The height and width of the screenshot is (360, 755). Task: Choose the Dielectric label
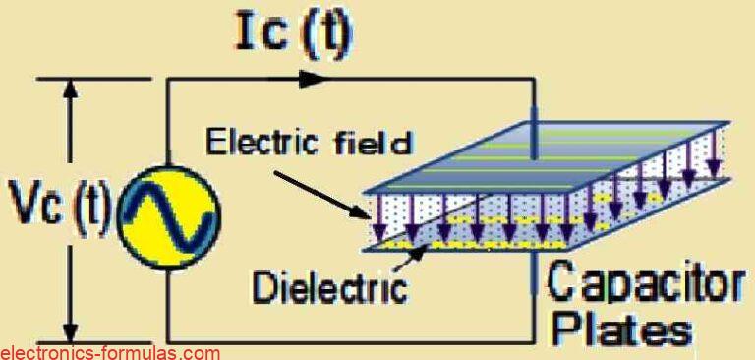point(329,287)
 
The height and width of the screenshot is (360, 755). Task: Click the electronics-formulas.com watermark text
point(110,352)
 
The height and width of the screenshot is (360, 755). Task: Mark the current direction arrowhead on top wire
point(312,79)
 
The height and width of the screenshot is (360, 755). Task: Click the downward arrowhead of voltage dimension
point(68,329)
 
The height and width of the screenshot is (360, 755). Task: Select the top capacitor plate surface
point(551,153)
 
